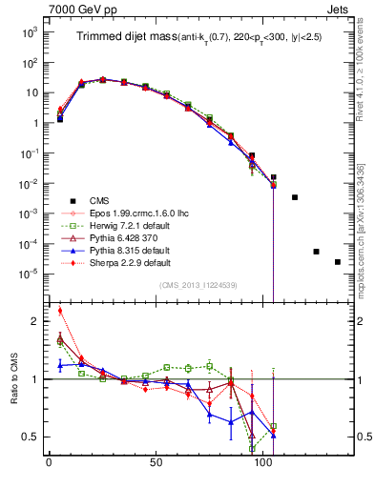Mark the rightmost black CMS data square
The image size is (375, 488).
coord(338,262)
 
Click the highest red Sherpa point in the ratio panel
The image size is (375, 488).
coord(60,310)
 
